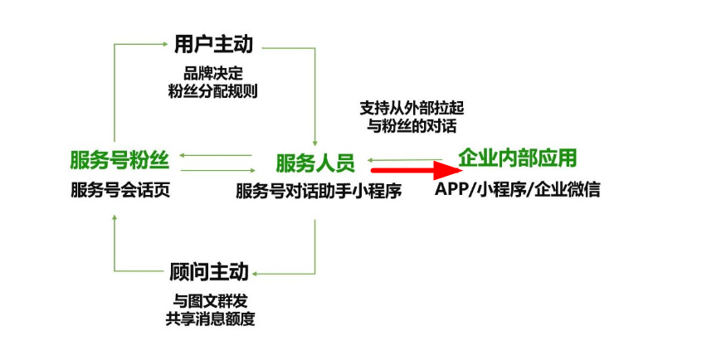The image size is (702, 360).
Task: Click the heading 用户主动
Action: tap(212, 44)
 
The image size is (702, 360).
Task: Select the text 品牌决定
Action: tap(212, 72)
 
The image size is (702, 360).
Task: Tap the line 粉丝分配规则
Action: tap(212, 91)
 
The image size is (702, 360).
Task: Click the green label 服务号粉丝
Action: tap(118, 160)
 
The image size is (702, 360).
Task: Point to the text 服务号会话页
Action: tap(119, 191)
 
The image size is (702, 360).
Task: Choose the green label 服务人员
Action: tap(315, 162)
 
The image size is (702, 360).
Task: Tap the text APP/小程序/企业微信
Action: tap(517, 189)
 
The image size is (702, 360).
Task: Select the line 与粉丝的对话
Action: tap(411, 127)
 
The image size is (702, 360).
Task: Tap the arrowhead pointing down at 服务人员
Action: tap(315, 140)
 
